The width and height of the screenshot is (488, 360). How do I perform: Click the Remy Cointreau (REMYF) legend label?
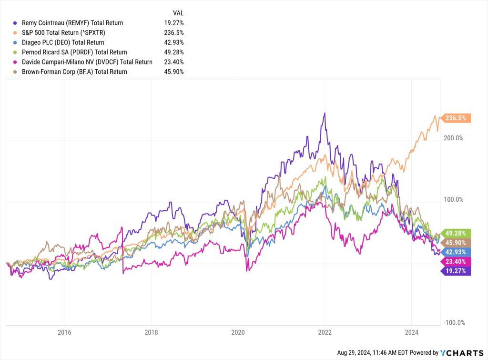[72, 23]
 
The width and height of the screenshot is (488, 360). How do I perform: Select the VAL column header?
[178, 13]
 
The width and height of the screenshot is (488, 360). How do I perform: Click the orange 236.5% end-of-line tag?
[457, 118]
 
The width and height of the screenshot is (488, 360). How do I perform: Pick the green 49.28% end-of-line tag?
[457, 233]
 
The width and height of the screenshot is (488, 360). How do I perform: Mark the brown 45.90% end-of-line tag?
[457, 243]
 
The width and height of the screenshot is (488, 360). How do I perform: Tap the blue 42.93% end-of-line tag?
[457, 252]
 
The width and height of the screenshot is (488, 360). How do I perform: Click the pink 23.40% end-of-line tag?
[457, 261]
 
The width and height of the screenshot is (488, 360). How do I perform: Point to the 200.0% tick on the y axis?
[453, 138]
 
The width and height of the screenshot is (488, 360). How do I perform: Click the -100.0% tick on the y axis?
[453, 323]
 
